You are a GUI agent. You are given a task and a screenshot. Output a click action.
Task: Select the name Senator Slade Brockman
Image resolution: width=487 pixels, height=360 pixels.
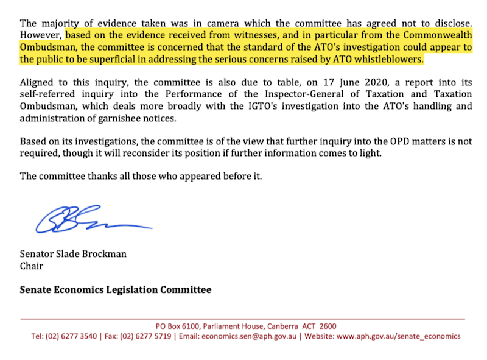click(73, 254)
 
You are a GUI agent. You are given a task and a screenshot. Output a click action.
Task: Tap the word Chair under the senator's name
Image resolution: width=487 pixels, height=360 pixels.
click(32, 266)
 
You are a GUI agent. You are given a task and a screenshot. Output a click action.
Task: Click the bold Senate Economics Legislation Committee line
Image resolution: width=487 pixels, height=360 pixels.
click(116, 290)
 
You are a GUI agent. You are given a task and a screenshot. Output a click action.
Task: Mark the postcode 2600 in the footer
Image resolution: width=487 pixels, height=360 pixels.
click(328, 326)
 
